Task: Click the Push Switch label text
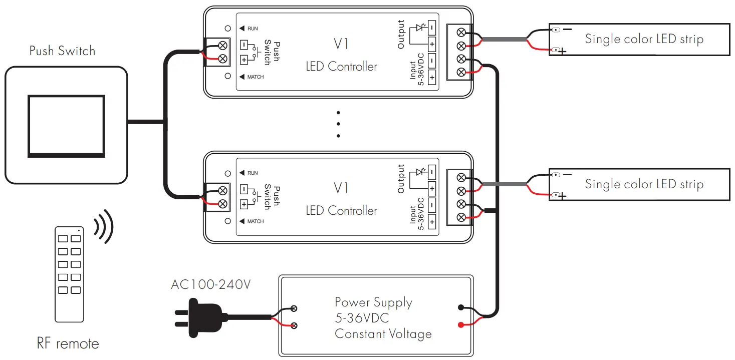pos(62,51)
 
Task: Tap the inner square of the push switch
pos(66,125)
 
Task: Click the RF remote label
pos(68,344)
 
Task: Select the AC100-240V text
pos(210,285)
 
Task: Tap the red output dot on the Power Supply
pos(460,325)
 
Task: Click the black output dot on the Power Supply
pos(460,308)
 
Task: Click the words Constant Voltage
pos(383,334)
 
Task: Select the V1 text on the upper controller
pos(341,44)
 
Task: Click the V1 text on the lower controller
pos(341,188)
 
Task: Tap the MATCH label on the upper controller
pos(255,77)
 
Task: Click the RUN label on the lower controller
pos(252,173)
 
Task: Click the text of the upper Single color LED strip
pos(644,39)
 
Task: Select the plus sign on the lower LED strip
pos(563,196)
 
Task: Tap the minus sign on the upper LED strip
pos(567,30)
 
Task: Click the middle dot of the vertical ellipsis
pos(339,124)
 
